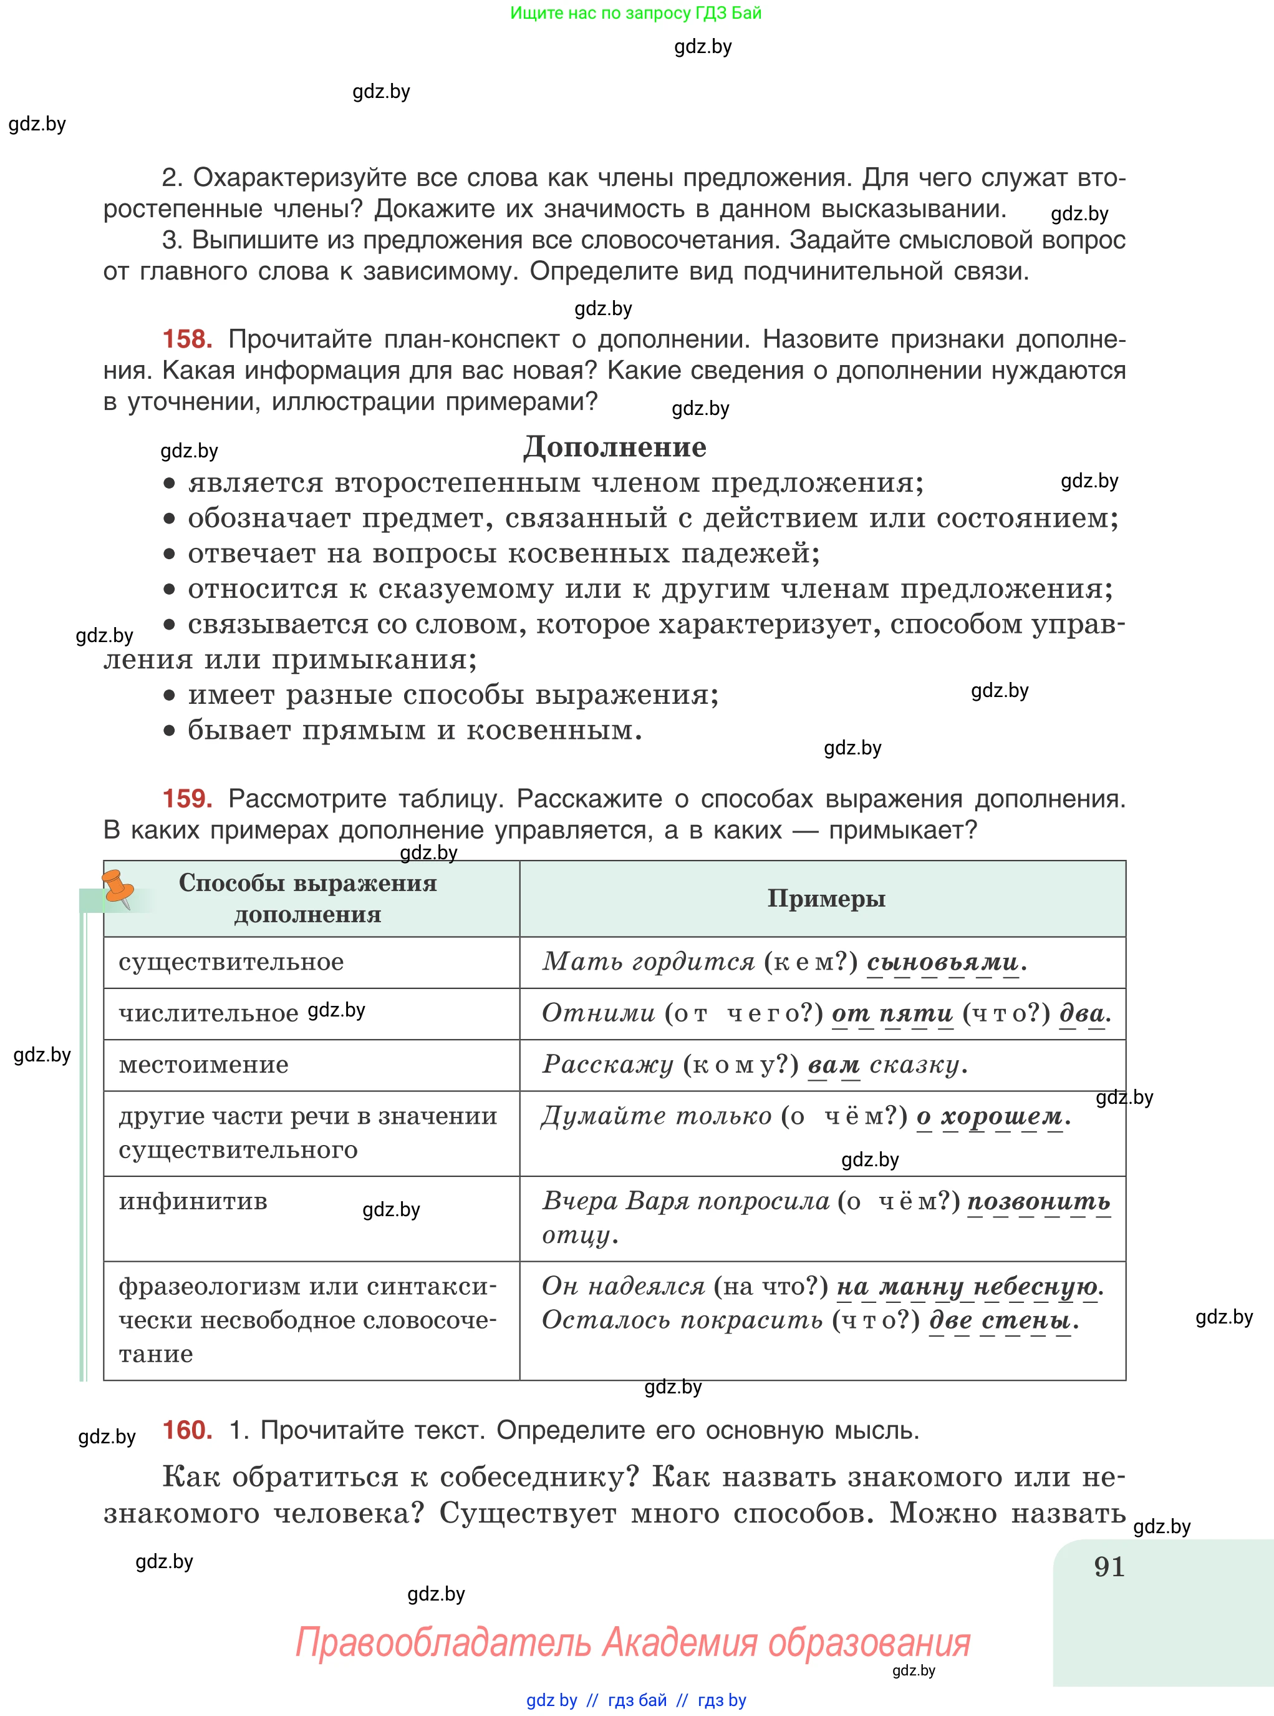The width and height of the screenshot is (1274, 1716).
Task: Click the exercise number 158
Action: coord(186,339)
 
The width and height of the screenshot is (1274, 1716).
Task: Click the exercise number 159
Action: coord(186,798)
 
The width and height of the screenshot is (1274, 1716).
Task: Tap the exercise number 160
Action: coord(186,1430)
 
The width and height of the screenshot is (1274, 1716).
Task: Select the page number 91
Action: coord(1108,1567)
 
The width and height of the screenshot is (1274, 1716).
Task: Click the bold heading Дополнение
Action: coord(615,447)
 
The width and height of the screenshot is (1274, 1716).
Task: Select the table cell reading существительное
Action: coord(231,962)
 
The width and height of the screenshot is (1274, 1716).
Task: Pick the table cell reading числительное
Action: coord(208,1013)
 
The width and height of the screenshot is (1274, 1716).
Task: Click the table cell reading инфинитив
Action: coord(193,1201)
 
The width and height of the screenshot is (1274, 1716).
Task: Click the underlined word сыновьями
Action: coord(942,962)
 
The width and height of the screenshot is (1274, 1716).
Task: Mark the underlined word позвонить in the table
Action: coord(1038,1201)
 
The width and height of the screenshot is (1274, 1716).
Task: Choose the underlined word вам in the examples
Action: coord(833,1065)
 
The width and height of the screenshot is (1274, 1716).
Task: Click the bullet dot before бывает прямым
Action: coord(169,731)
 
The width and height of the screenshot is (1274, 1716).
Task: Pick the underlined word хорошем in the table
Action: coord(1001,1116)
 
